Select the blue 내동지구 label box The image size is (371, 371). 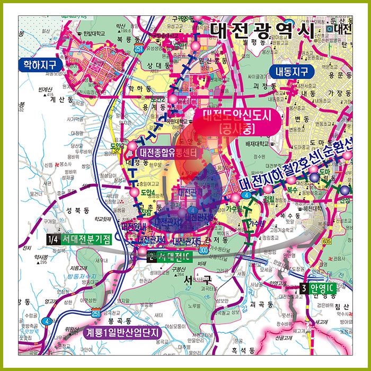pos(291,71)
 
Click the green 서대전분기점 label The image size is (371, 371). pos(86,238)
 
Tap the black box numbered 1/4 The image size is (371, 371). pos(52,238)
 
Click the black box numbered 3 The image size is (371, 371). pos(303,289)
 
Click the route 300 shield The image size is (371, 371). pos(189,249)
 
